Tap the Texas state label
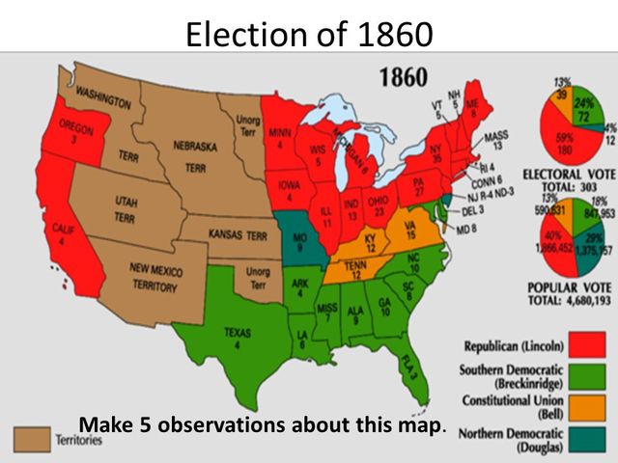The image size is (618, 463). tap(238, 338)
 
